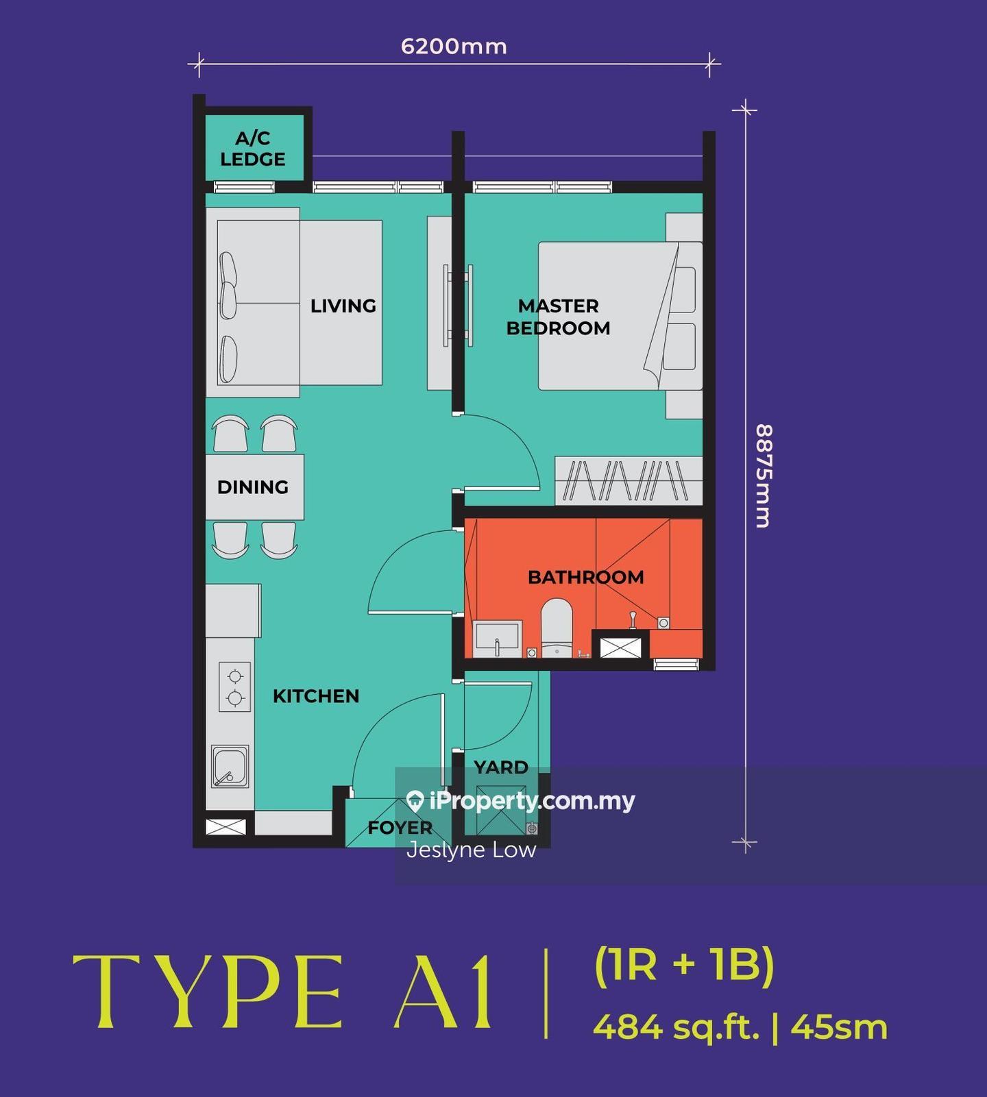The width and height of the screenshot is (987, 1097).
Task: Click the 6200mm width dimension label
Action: coord(454,47)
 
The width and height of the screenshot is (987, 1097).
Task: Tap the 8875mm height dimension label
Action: coord(763,476)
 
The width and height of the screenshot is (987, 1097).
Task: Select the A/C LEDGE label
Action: coord(253,149)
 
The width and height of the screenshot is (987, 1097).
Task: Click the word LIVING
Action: coord(343,306)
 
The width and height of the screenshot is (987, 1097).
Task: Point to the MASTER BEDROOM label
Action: coord(558,317)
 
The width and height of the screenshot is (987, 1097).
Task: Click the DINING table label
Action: coord(253,487)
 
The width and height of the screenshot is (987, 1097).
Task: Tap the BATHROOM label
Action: coord(585,577)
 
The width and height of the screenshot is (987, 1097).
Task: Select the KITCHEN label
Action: coord(316,696)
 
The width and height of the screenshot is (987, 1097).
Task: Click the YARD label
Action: coord(501,767)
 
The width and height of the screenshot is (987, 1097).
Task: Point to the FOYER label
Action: coord(400,828)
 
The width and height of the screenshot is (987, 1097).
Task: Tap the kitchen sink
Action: coord(230,767)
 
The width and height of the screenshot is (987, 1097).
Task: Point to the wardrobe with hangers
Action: coord(629,481)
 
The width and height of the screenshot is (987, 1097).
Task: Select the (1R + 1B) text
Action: coord(684,965)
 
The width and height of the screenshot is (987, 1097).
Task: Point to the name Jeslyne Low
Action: coord(471,850)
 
